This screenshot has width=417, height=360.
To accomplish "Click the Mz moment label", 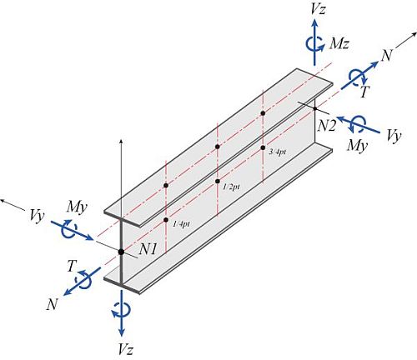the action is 339,43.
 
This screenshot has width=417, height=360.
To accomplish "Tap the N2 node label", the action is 327,127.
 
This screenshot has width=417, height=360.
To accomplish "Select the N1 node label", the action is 148,250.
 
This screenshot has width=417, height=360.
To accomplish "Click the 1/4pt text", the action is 181,223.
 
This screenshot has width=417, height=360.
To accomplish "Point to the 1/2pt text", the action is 231,187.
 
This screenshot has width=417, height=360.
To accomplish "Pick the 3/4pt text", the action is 278,152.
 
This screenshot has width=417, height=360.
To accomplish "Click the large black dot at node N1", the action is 121,252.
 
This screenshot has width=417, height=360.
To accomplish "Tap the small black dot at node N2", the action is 315,108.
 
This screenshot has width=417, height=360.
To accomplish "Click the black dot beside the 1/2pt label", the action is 218,182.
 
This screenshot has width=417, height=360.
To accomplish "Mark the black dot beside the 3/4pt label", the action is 263,147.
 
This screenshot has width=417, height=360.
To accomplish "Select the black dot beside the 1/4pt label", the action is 166,220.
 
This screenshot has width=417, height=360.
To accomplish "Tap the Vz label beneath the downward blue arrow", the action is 125,349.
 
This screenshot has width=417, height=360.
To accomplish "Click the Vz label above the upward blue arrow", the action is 318,10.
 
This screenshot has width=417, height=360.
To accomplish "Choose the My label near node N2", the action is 358,145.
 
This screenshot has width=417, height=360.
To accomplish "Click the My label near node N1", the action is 77,207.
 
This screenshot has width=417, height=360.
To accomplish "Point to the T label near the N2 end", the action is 364,92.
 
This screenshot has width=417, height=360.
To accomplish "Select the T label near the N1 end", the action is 71,266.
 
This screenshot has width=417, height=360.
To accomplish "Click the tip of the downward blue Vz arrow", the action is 121,337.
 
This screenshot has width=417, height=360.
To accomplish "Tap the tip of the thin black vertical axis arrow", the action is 121,139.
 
